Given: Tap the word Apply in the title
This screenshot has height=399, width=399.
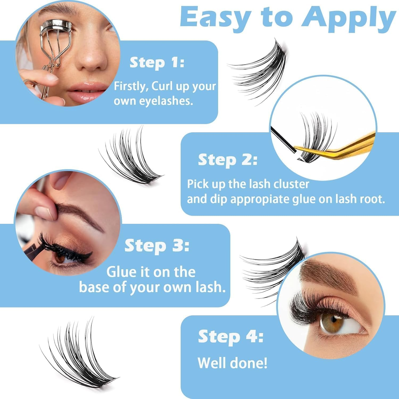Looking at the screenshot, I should click(348, 18).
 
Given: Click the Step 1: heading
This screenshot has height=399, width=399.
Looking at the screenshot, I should click(157, 63).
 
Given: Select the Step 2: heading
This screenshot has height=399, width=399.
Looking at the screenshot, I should click(228, 160).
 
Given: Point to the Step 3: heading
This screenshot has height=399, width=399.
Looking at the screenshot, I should click(157, 246).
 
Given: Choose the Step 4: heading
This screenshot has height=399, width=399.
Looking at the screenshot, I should click(230, 336).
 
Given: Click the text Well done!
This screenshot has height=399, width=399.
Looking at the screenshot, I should click(232, 363).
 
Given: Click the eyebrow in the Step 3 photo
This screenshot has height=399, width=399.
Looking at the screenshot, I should click(80, 213).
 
